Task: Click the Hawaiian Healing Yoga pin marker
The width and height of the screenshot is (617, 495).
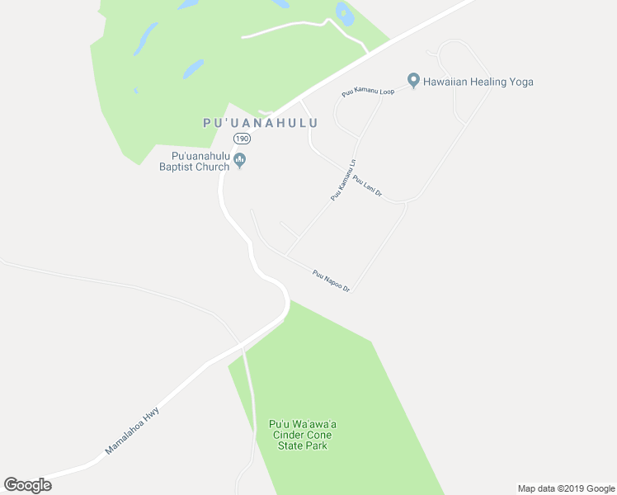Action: click(x=414, y=81)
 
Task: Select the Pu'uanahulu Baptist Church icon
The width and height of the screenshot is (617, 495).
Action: click(x=240, y=160)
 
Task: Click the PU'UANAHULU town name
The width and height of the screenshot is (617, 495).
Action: click(x=261, y=122)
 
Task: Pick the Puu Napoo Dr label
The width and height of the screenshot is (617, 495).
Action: click(x=332, y=280)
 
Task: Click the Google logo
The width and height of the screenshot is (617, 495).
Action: click(x=28, y=485)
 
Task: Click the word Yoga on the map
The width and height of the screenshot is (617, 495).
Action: click(x=520, y=82)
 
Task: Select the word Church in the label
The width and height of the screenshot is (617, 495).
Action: click(x=213, y=167)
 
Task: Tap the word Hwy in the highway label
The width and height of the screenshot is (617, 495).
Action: click(x=150, y=415)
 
